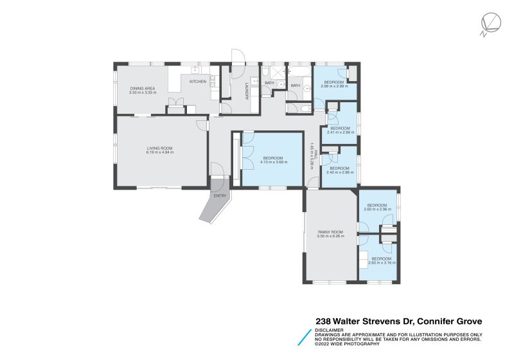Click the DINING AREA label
pyautogui.click(x=142, y=88)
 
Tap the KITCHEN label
pyautogui.click(x=197, y=82)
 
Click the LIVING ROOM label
pyautogui.click(x=159, y=148)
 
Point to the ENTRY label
pyautogui.click(x=220, y=195)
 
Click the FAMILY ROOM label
pyautogui.click(x=330, y=232)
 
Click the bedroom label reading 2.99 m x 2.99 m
pyautogui.click(x=333, y=82)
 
